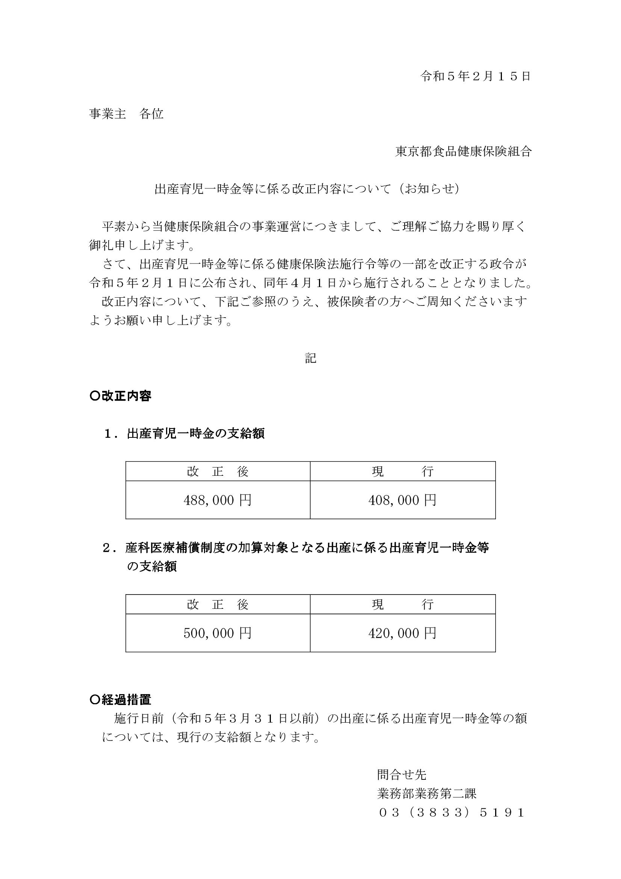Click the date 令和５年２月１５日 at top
click(x=476, y=76)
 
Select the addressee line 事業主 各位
click(x=126, y=114)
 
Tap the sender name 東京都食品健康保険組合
click(x=463, y=151)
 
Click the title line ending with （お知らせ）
click(x=307, y=189)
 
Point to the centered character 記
click(x=310, y=359)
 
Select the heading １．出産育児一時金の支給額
click(x=184, y=433)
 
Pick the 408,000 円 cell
click(x=402, y=500)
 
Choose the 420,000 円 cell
click(x=402, y=633)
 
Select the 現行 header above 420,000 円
click(x=402, y=605)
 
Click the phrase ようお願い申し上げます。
click(x=161, y=321)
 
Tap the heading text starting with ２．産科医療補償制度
click(x=295, y=548)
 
